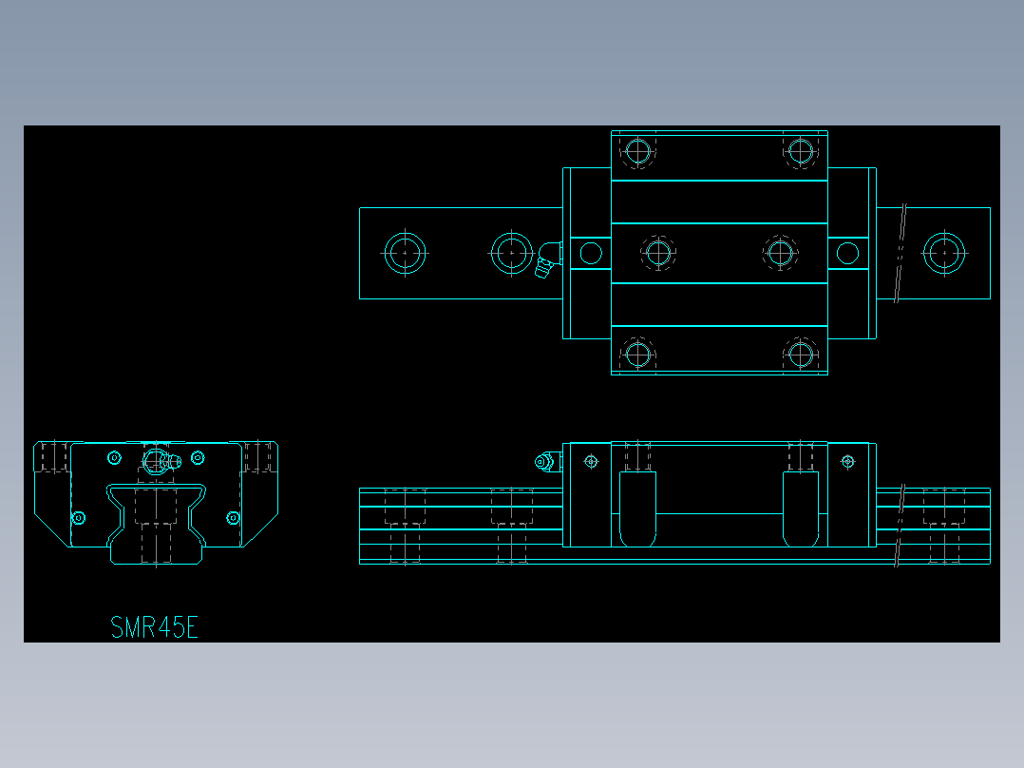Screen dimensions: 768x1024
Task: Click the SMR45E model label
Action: tap(154, 627)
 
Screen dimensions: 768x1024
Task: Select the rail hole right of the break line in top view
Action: tap(944, 253)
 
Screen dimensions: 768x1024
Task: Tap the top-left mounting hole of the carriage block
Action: tap(637, 151)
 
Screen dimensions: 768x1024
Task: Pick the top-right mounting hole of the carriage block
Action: tap(801, 151)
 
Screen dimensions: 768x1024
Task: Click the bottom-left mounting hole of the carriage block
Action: tap(637, 355)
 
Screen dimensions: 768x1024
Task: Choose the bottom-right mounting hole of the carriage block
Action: tap(801, 355)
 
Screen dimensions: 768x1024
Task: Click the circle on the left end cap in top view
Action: tap(591, 253)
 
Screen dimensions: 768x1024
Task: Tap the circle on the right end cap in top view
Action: tap(847, 253)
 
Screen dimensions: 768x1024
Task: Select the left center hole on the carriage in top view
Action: tap(657, 253)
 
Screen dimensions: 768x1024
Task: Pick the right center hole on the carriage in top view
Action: tap(780, 253)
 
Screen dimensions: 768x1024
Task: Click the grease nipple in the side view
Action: tap(545, 463)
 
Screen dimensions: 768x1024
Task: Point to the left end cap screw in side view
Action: tap(591, 462)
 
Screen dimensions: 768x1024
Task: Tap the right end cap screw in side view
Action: tap(848, 462)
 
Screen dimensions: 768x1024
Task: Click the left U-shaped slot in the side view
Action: tap(637, 509)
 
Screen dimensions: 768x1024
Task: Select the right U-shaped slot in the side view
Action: tap(801, 509)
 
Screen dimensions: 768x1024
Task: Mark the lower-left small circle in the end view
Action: tap(79, 518)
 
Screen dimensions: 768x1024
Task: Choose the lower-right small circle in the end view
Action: tap(234, 518)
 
